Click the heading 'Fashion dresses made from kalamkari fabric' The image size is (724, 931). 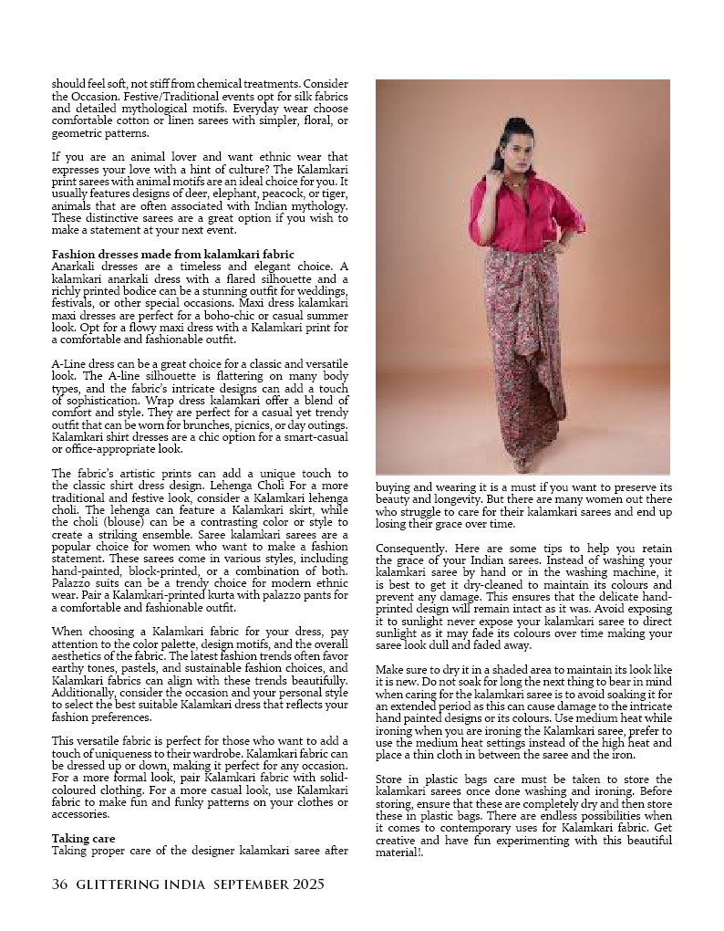pos(172,253)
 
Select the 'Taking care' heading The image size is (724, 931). pos(83,838)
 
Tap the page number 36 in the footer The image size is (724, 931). pos(60,884)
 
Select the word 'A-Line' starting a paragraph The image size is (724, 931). pos(69,364)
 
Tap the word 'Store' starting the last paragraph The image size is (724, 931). pos(391,779)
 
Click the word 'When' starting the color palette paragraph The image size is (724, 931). pos(67,631)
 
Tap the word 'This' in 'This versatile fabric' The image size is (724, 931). pos(64,740)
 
